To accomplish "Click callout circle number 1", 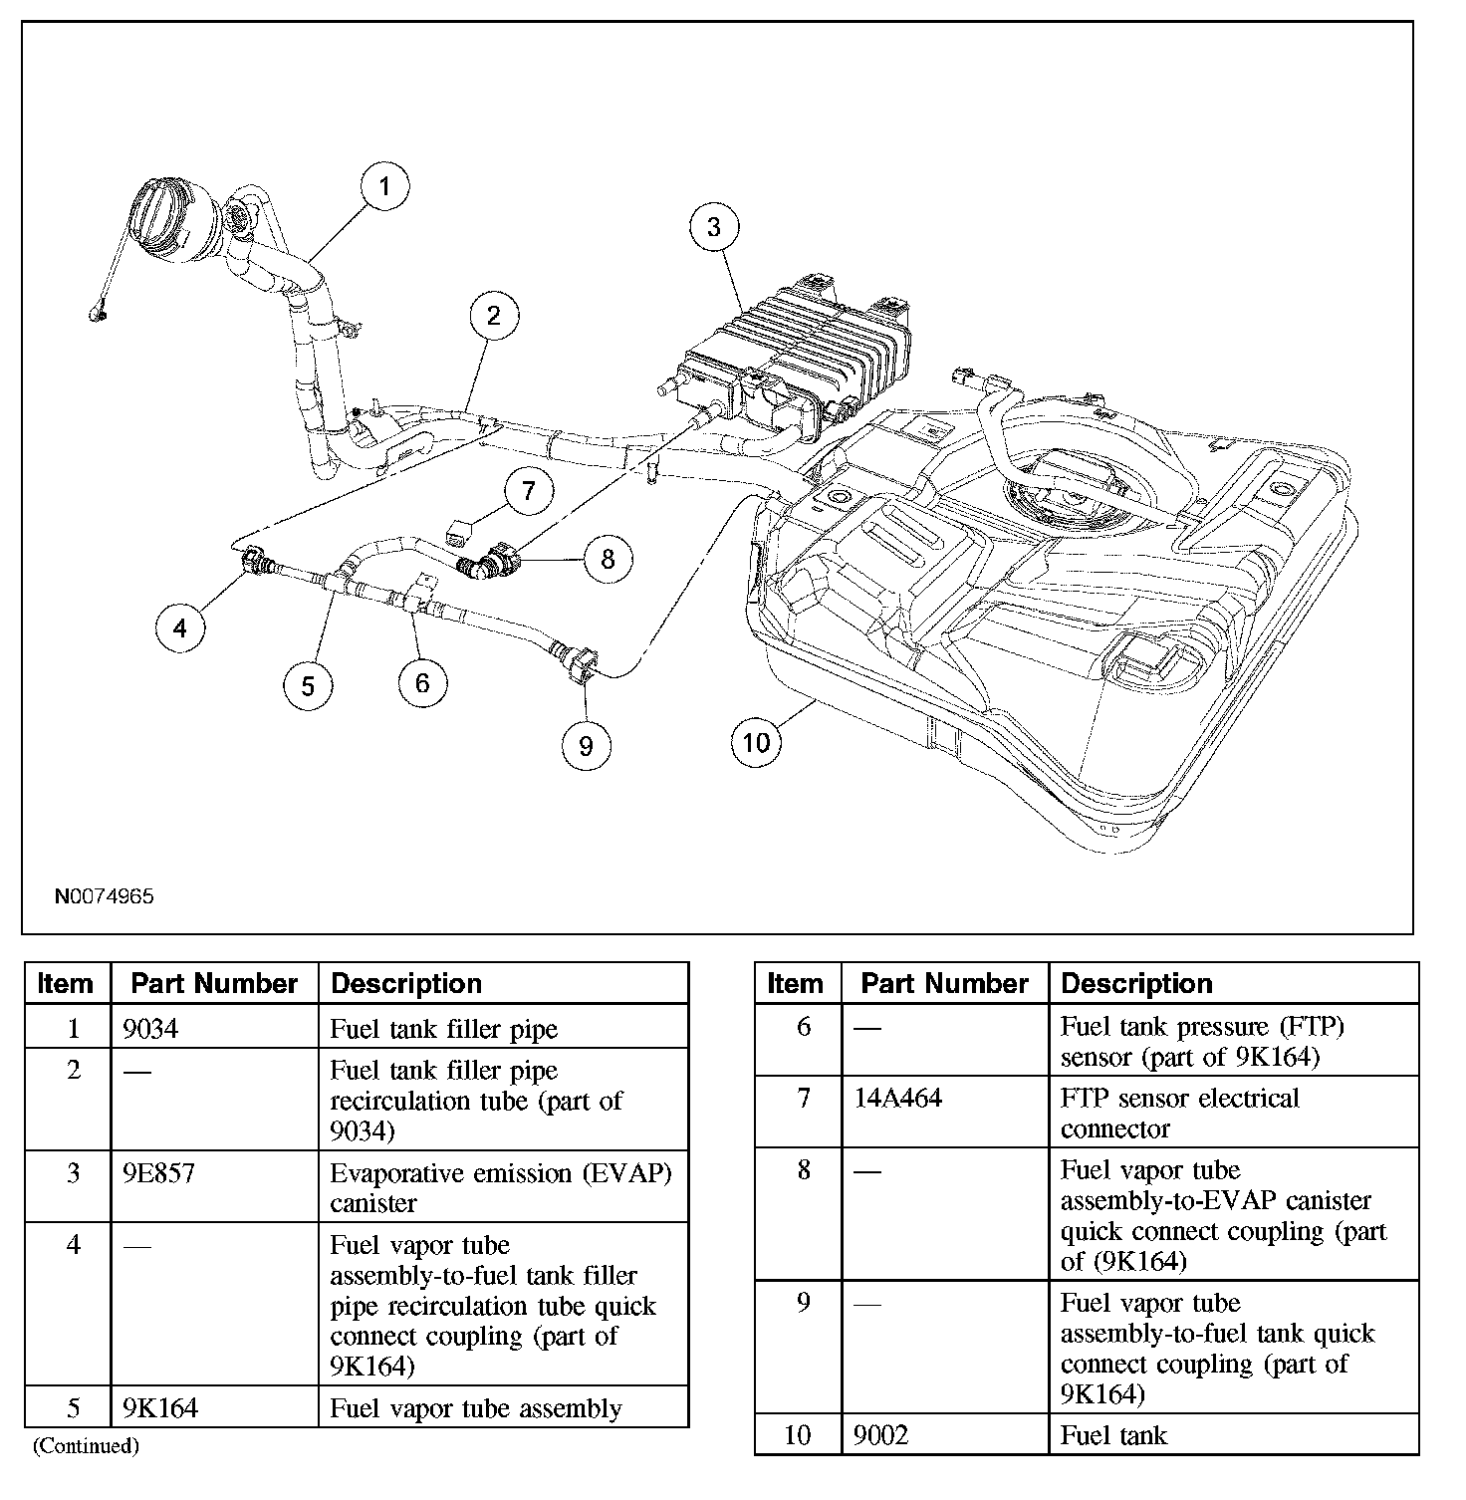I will coord(384,186).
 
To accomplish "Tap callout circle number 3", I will coord(714,227).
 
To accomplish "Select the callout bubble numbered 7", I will coord(529,490).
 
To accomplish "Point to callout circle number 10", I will coord(757,742).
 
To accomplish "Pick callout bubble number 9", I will coord(586,745).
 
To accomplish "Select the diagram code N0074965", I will coord(104,896).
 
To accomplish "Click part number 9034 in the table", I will coord(150,1029).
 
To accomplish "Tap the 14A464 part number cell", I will coord(898,1099).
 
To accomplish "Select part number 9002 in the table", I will coord(882,1435).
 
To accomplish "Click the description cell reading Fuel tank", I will coord(1113,1435).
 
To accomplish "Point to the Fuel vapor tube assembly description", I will coord(476,1408).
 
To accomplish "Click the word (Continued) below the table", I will coord(86,1445).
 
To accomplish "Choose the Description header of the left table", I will coord(406,984).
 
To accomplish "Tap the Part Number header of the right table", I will coord(944,984).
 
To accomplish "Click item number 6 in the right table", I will coord(804,1027).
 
